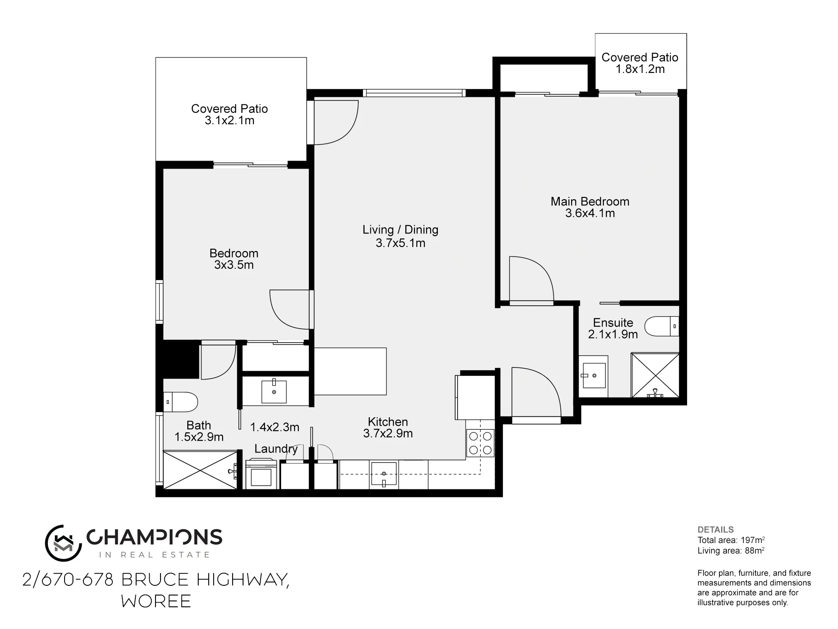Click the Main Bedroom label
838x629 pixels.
tap(590, 201)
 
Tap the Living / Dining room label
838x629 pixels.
tap(400, 230)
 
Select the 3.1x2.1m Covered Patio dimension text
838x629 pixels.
tap(230, 121)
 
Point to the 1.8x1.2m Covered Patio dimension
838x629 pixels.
tap(640, 69)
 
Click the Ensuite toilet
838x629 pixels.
tap(662, 326)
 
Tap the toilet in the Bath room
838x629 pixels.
tap(180, 402)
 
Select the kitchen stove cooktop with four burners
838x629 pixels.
tap(480, 443)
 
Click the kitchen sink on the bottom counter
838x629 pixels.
tap(384, 474)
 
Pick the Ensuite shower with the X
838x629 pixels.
tap(655, 375)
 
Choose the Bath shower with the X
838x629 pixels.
tap(200, 470)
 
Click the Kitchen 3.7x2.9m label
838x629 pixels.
tap(388, 428)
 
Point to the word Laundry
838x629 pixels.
tap(276, 449)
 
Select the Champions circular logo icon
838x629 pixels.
tap(63, 543)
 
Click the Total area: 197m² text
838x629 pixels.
tap(731, 540)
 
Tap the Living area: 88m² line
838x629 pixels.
tap(731, 551)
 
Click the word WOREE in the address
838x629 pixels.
tap(156, 601)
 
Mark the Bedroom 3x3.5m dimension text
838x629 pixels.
tap(234, 265)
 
